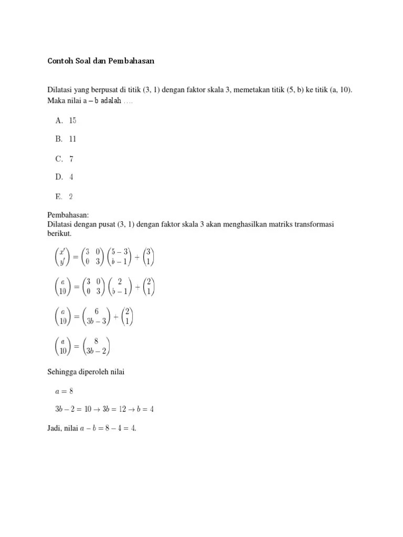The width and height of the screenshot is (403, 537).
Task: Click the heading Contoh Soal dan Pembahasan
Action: pyautogui.click(x=101, y=61)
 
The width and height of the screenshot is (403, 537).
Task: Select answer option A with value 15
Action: pyautogui.click(x=66, y=121)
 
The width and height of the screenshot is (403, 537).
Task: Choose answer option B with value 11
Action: pyautogui.click(x=66, y=139)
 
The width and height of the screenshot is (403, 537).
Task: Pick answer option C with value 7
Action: pyautogui.click(x=64, y=159)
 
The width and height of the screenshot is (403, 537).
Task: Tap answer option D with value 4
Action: pyautogui.click(x=64, y=177)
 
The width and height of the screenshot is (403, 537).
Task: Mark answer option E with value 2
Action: pyautogui.click(x=63, y=197)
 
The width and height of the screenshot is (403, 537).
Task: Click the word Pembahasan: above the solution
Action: pyautogui.click(x=68, y=216)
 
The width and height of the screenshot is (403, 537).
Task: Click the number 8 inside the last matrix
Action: pyautogui.click(x=96, y=341)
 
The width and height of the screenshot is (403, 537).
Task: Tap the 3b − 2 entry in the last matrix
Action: pyautogui.click(x=96, y=351)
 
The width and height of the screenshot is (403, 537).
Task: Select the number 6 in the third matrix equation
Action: pyautogui.click(x=97, y=311)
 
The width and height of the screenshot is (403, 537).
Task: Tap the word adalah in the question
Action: pyautogui.click(x=111, y=101)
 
